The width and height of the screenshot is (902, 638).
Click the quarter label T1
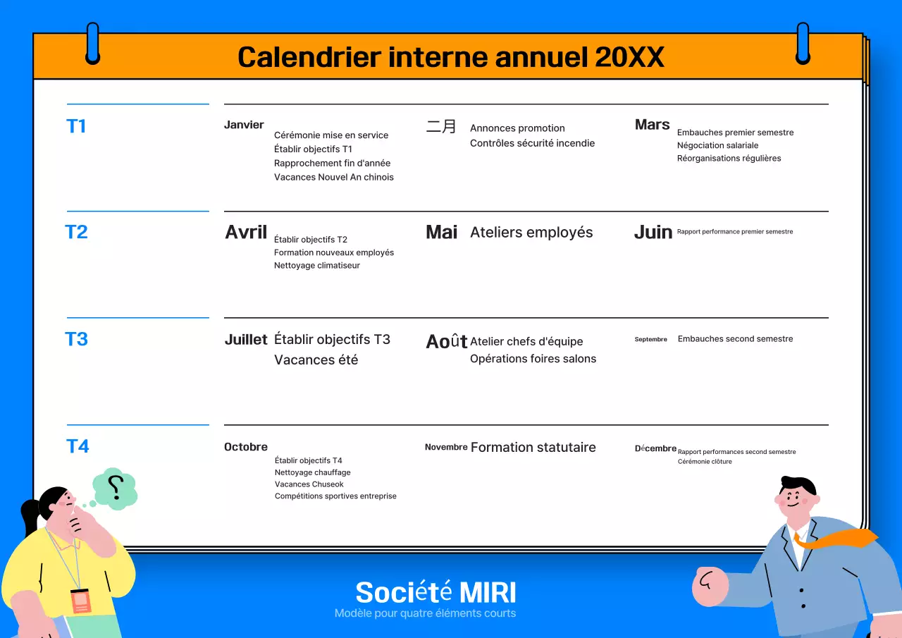pos(76,126)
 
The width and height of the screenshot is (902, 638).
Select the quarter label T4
pos(78,446)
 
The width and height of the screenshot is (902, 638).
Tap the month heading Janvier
pos(244,125)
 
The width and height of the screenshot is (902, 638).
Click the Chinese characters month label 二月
pos(441,127)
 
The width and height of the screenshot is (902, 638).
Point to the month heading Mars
pos(652,125)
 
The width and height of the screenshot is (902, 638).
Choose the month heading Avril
pos(246,232)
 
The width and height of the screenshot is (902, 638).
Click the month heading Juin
pos(653,233)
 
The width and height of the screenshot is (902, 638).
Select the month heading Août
pos(447,341)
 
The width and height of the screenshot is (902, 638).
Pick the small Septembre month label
pos(650,339)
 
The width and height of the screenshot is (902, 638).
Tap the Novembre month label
pos(446,447)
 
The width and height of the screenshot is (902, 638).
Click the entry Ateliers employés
pos(531,233)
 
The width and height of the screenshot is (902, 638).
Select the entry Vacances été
pos(316,360)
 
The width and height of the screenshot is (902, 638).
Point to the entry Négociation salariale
pos(717,145)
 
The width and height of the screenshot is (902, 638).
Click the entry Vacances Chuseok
pos(309,484)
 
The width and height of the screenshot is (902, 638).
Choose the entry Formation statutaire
pos(533,447)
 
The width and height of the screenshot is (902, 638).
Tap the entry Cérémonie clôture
pos(705,462)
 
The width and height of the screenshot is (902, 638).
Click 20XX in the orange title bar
pos(629,57)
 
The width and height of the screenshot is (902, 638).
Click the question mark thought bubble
pos(116,487)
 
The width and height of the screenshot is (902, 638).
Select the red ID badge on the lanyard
pos(80,600)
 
